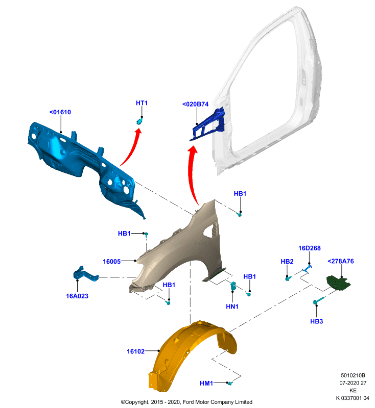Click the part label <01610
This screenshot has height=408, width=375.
60,112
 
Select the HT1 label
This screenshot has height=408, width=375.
142,103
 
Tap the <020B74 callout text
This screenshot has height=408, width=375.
196,104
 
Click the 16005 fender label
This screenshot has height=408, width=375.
111,262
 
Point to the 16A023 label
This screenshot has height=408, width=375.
77,296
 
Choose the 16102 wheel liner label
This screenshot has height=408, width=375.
135,351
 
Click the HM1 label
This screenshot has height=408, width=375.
206,384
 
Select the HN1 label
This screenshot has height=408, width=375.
232,307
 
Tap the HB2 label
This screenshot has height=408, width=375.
287,261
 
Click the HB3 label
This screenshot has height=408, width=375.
317,321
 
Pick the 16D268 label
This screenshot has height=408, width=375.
310,248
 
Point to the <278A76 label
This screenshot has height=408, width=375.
341,261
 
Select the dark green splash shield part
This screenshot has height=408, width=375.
338,284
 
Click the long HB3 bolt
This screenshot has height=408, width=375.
319,300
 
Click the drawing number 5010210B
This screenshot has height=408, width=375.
353,375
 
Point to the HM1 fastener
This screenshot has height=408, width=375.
230,383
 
